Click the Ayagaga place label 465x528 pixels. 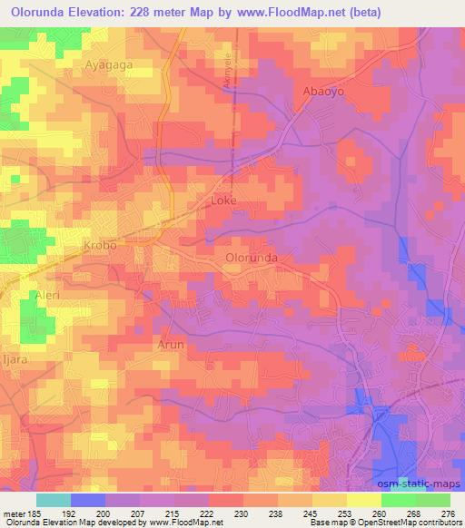click(x=109, y=65)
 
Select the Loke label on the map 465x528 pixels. click(x=223, y=200)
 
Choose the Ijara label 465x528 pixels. click(x=11, y=371)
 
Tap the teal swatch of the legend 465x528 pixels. click(x=54, y=499)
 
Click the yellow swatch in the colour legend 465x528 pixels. click(x=363, y=499)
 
